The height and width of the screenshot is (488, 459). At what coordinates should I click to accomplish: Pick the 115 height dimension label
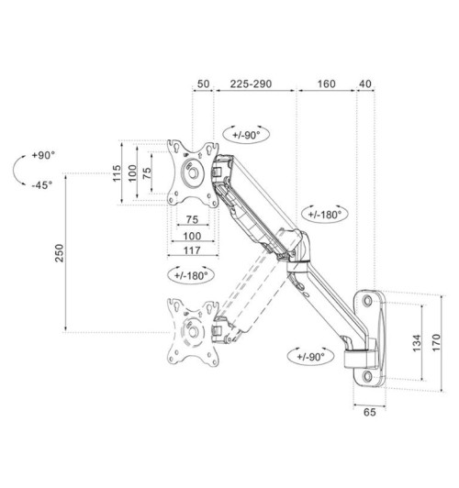(x=117, y=173)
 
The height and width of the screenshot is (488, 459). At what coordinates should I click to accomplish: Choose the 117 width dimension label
(x=193, y=250)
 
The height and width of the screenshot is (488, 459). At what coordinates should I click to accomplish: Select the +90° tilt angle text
(x=41, y=156)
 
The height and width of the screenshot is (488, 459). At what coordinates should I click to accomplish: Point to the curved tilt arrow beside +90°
(x=16, y=171)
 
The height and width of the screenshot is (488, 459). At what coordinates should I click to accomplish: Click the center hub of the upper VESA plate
(x=192, y=172)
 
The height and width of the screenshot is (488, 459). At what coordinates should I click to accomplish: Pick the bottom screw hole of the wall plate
(x=369, y=376)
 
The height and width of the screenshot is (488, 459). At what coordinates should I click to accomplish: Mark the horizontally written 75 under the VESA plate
(x=193, y=220)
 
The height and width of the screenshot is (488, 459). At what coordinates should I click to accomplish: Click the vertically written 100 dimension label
(x=132, y=173)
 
